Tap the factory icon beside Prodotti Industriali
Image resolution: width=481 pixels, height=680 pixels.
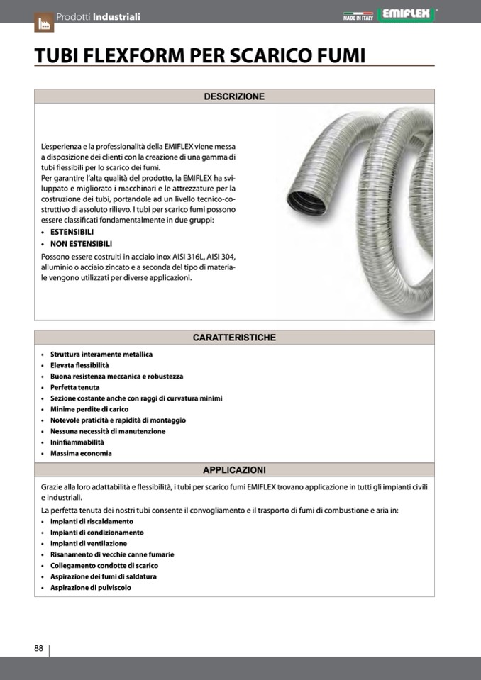pos(43,21)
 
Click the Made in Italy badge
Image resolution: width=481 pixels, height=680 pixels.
pos(358,16)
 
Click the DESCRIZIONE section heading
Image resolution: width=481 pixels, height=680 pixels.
pos(234,96)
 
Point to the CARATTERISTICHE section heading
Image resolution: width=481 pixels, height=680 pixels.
pos(234,338)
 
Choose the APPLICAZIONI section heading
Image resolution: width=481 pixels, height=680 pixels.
pos(234,469)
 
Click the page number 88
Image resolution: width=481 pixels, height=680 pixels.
pos(39,648)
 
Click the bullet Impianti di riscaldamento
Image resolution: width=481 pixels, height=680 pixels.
pos(92,521)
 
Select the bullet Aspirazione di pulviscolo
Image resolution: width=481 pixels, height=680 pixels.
pos(91,587)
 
